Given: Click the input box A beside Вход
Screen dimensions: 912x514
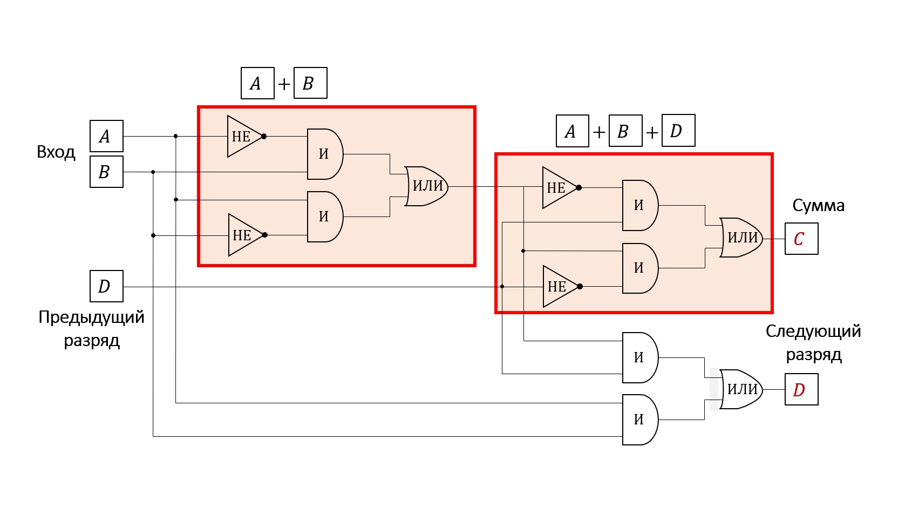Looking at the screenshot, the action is pos(106,136).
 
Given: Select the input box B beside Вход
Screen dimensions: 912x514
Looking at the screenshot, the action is pos(106,172).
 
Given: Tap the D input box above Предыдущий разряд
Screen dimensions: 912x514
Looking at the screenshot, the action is pos(106,286).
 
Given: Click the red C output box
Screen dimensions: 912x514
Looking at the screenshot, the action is pos(801,239).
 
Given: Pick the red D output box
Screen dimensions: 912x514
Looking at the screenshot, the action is pos(801,389).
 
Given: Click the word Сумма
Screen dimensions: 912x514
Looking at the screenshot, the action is pos(818,206).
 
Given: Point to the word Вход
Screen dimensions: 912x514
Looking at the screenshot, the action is pos(56,152).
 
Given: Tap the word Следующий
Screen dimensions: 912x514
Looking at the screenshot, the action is pos(813,332).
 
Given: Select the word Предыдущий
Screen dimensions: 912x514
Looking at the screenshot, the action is pos(91,317).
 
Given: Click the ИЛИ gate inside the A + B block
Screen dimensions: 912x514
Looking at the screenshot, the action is pos(427,186).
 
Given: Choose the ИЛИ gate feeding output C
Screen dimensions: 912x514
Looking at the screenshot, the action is pos(741,238).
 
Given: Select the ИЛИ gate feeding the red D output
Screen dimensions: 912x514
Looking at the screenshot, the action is pos(741,389).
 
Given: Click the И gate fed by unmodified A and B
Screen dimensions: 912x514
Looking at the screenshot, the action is pos(640,420).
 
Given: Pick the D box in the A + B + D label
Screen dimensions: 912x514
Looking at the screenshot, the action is pos(678,130).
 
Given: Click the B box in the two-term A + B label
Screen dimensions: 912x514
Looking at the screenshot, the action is pos(310,83).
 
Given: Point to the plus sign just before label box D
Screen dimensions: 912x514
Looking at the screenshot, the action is pos(652,132).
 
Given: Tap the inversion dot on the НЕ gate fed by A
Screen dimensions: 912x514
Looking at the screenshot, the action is pos(264,137).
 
